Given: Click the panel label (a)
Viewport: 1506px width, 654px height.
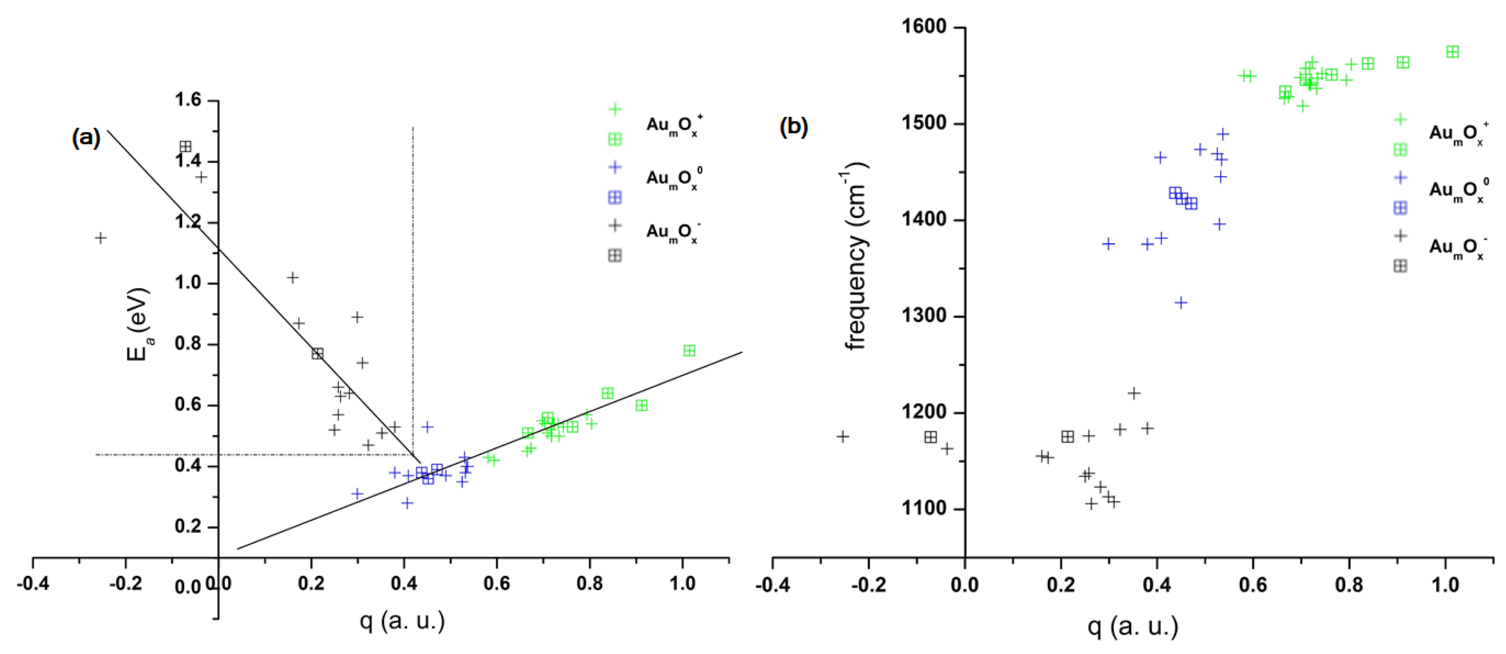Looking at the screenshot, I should [x=86, y=138].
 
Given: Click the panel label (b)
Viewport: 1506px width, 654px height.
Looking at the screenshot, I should [x=793, y=126].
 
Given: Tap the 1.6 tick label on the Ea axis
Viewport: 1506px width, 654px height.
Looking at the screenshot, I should [x=188, y=100].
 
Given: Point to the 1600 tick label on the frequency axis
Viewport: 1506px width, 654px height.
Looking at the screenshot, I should [x=924, y=27].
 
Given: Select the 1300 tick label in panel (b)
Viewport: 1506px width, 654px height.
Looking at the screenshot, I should [x=924, y=316].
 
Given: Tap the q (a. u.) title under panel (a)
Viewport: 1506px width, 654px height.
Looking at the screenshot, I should [x=402, y=621].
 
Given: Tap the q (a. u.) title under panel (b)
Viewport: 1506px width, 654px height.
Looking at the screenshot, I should [x=1133, y=626].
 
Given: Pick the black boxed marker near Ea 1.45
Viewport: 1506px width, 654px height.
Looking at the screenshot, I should [x=185, y=146].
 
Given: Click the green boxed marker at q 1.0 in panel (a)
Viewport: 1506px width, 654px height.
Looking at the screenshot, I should [x=689, y=351].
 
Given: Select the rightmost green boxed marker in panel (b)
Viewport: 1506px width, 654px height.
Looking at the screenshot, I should [x=1452, y=52].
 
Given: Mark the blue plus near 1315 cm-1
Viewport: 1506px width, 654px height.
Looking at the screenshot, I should [x=1181, y=302].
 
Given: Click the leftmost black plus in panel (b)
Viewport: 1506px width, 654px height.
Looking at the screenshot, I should [x=842, y=436].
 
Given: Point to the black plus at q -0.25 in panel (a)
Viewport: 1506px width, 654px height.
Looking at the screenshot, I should [x=101, y=238].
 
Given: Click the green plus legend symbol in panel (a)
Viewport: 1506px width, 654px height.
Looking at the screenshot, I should [x=614, y=109].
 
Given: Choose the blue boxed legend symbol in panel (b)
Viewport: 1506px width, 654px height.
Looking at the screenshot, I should [x=1400, y=208].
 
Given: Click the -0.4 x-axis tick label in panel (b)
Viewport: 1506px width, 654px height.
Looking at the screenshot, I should [x=772, y=585].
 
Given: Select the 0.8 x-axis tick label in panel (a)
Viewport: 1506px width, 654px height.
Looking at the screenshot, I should [x=589, y=583].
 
